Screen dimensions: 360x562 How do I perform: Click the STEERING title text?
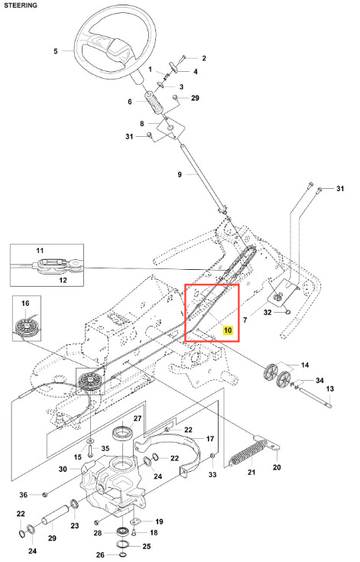[x=21, y=5]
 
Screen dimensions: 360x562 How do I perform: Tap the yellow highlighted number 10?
[x=228, y=330]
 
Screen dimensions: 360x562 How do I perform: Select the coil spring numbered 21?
[x=248, y=453]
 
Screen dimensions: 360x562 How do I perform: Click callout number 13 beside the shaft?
[x=329, y=389]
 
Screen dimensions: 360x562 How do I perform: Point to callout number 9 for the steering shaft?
[x=180, y=174]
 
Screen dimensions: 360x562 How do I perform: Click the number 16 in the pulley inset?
[x=25, y=304]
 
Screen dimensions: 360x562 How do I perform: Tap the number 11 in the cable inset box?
[x=40, y=251]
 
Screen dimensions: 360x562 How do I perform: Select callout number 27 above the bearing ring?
[x=138, y=419]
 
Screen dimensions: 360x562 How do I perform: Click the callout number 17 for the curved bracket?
[x=210, y=439]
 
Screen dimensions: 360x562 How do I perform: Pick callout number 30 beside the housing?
[x=63, y=469]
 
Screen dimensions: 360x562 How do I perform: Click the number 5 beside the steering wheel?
[x=56, y=51]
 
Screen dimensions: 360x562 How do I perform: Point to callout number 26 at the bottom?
[x=100, y=555]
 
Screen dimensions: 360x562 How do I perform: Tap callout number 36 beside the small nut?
[x=23, y=495]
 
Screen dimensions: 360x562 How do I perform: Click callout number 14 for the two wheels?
[x=305, y=365]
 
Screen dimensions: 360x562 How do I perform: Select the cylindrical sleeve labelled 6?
[x=154, y=104]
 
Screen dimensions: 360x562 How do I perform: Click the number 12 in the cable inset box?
[x=63, y=280]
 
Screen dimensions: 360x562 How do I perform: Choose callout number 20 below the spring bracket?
[x=277, y=467]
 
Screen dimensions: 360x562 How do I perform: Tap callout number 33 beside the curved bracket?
[x=212, y=475]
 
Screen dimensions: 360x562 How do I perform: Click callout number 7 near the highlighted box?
[x=245, y=320]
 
